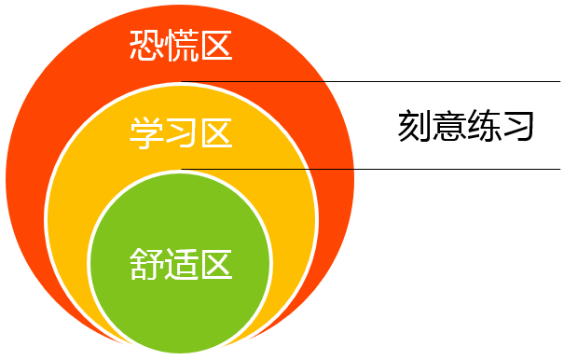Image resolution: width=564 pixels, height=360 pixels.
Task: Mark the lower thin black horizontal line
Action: (x=420, y=169)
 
